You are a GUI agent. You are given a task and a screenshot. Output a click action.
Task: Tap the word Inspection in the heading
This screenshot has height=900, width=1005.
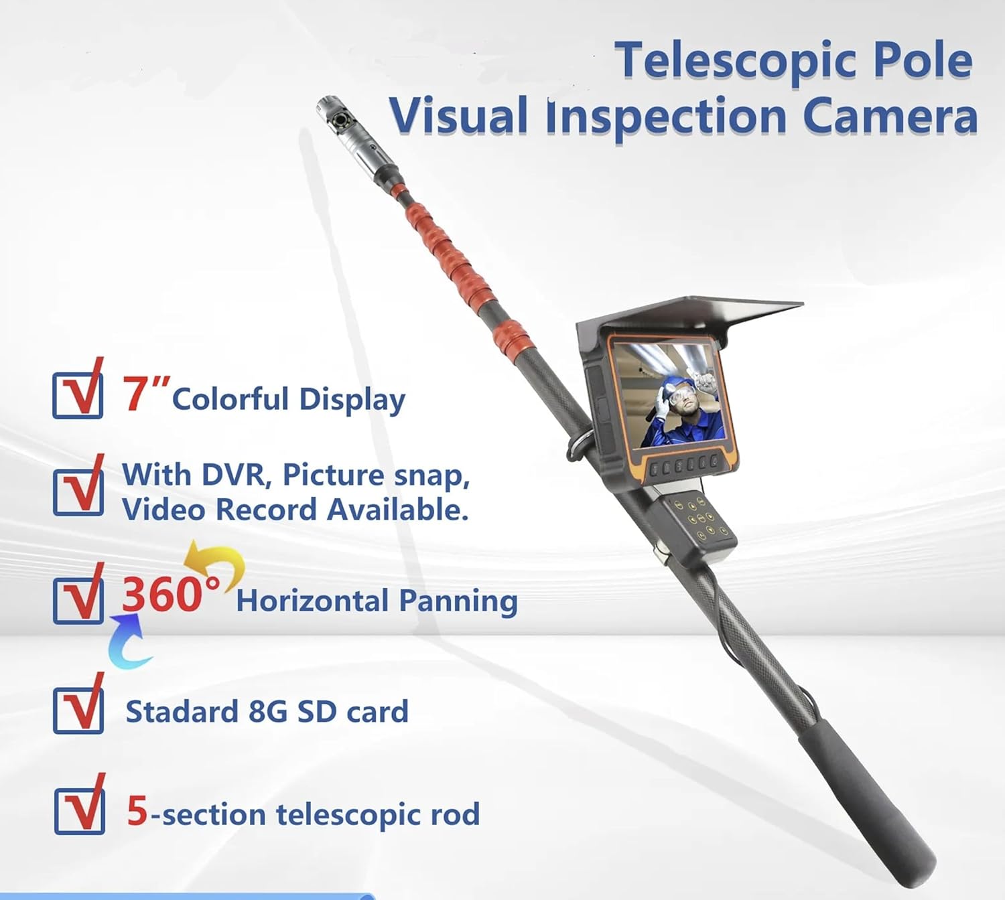tap(666, 117)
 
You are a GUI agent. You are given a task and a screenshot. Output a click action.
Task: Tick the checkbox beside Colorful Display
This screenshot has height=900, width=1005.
tap(78, 396)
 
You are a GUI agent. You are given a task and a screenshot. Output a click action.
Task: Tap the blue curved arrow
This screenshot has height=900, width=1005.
tap(130, 646)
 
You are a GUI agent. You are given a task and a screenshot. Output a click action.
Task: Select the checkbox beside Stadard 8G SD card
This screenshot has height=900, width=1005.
tap(78, 710)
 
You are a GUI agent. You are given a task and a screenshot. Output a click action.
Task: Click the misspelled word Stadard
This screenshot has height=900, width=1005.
tap(182, 712)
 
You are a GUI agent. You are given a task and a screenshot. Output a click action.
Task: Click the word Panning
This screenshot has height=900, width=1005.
tap(458, 601)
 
